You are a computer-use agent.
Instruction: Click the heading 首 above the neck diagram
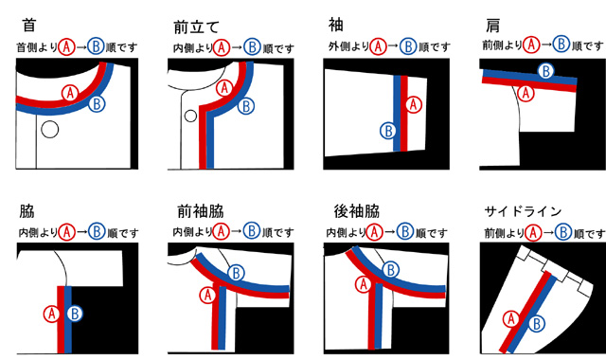pyautogui.click(x=29, y=26)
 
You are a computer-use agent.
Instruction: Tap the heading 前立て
pyautogui.click(x=196, y=27)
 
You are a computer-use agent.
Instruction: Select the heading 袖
pyautogui.click(x=336, y=25)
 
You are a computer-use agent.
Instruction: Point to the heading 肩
pyautogui.click(x=492, y=26)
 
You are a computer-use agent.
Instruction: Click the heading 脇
pyautogui.click(x=27, y=211)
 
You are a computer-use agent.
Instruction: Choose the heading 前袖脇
pyautogui.click(x=200, y=211)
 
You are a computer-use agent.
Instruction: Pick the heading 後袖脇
pyautogui.click(x=357, y=211)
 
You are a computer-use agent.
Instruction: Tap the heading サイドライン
pyautogui.click(x=523, y=211)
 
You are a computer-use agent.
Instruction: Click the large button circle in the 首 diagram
pyautogui.click(x=50, y=130)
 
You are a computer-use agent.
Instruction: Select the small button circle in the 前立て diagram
pyautogui.click(x=190, y=116)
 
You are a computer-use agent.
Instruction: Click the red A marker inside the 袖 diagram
pyautogui.click(x=414, y=104)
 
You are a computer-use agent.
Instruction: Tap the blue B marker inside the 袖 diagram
pyautogui.click(x=388, y=131)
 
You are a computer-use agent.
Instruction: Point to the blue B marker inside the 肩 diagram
pyautogui.click(x=546, y=71)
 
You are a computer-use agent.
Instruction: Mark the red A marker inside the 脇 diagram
pyautogui.click(x=51, y=314)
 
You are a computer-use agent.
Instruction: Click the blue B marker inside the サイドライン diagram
pyautogui.click(x=537, y=323)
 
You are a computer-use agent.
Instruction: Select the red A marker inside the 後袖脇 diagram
pyautogui.click(x=364, y=284)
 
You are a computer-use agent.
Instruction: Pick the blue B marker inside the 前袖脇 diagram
pyautogui.click(x=236, y=274)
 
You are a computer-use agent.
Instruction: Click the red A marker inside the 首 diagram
pyautogui.click(x=70, y=93)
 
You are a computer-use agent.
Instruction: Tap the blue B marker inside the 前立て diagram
pyautogui.click(x=246, y=106)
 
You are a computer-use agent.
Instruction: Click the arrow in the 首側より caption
pyautogui.click(x=80, y=47)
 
